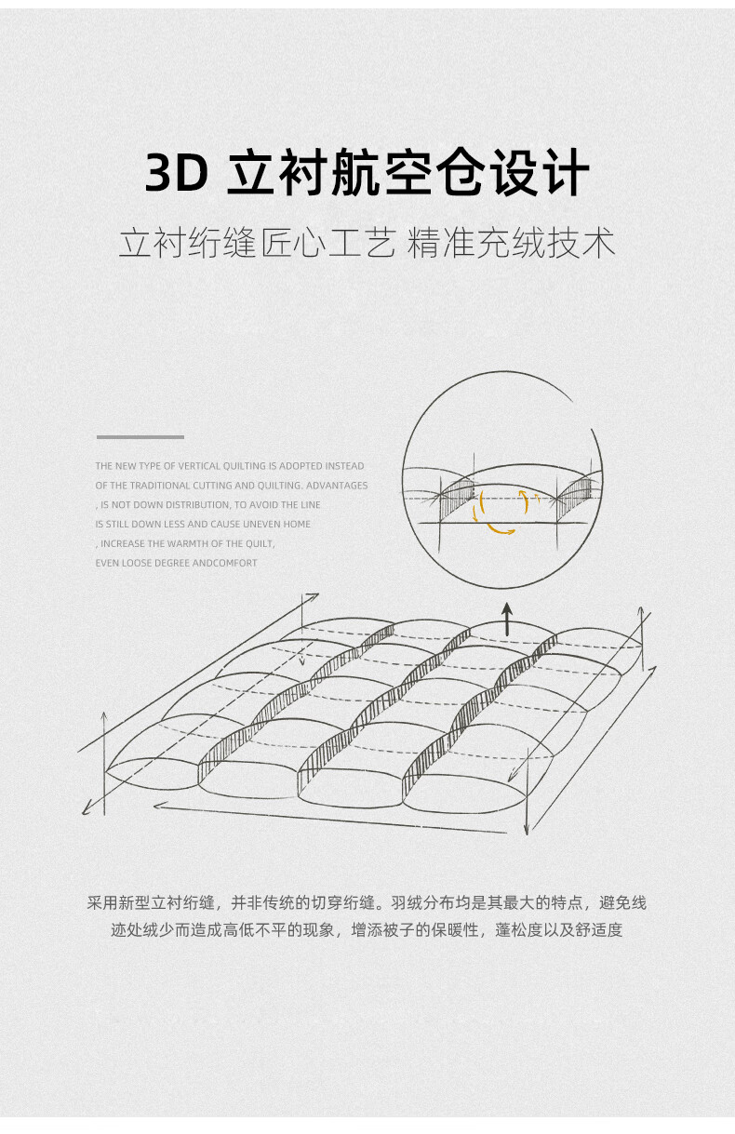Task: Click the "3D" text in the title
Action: click(x=176, y=173)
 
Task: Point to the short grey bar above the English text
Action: click(x=140, y=436)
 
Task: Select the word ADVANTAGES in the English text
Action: click(x=337, y=486)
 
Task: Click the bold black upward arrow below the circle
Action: click(x=507, y=619)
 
